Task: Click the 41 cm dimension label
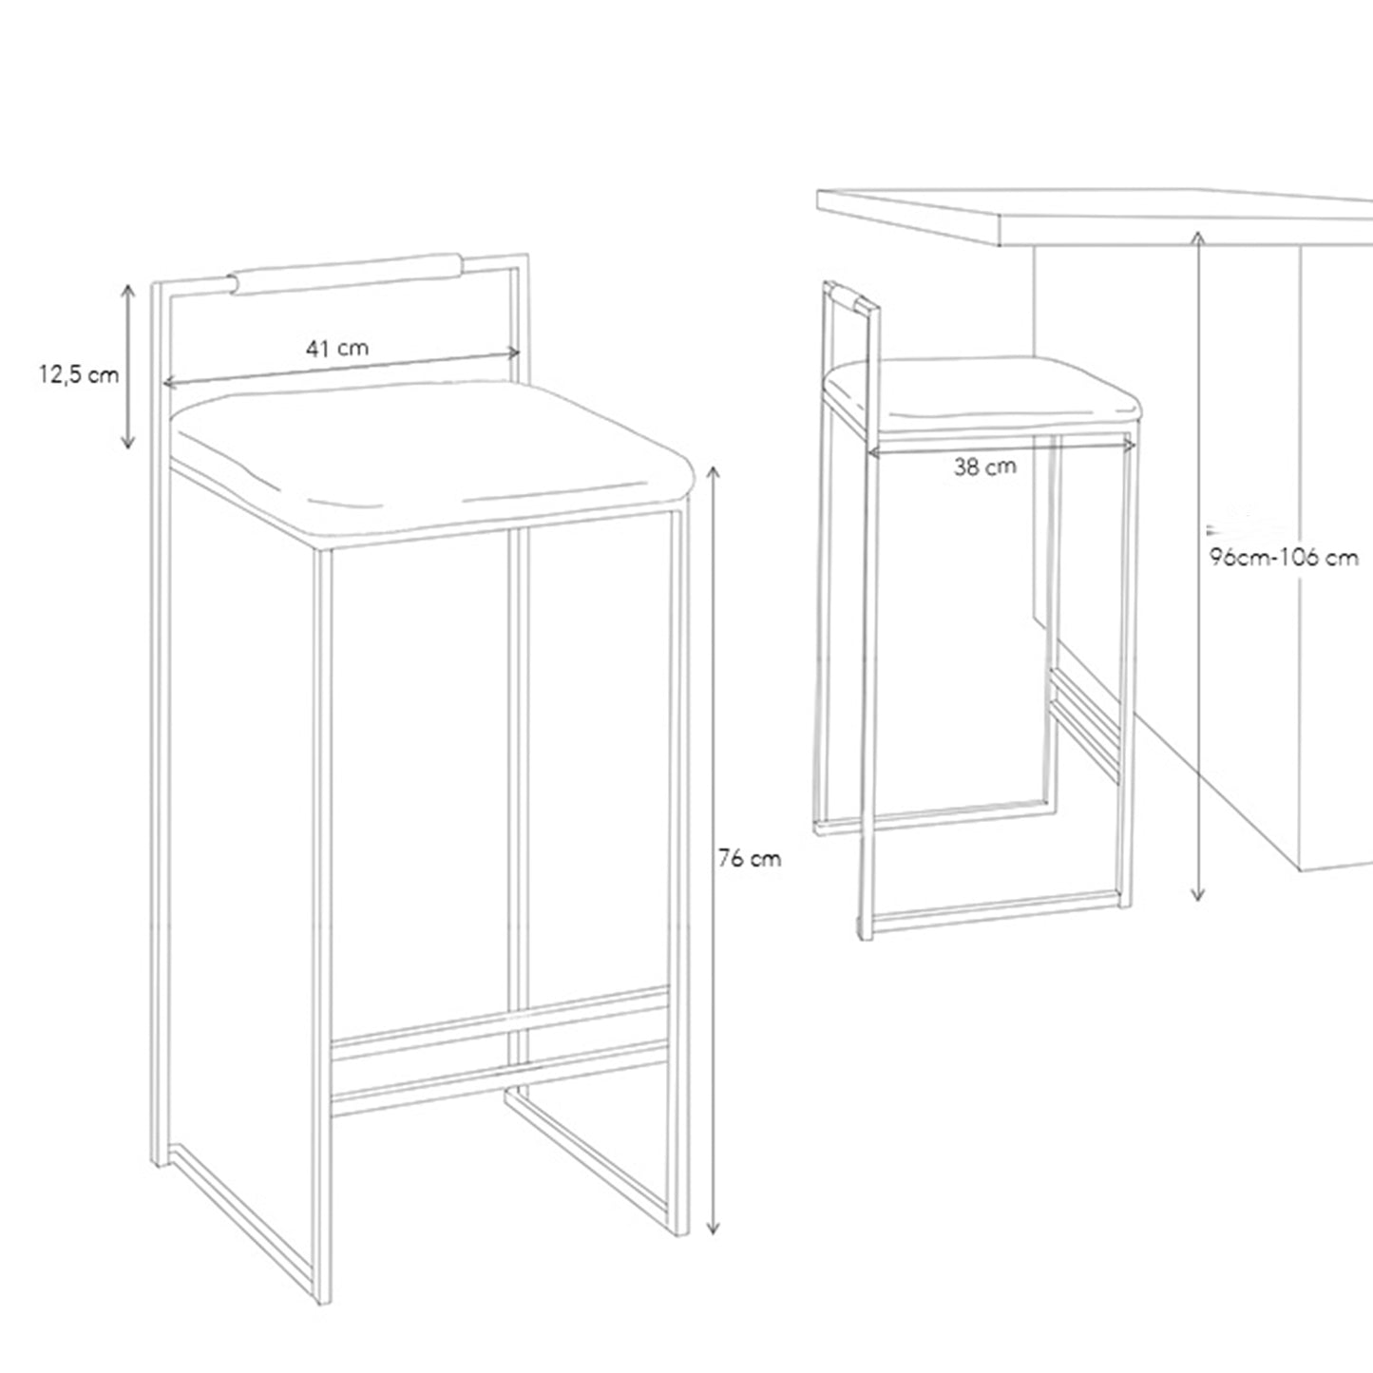point(337,348)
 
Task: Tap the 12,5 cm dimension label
point(78,374)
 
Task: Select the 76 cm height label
point(749,859)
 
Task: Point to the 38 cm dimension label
point(985,467)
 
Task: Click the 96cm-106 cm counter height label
point(1284,557)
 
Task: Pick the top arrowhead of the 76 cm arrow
point(713,471)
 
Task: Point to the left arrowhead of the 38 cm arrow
point(873,451)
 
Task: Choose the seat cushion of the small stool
point(982,395)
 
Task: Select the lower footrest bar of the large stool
point(500,1077)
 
